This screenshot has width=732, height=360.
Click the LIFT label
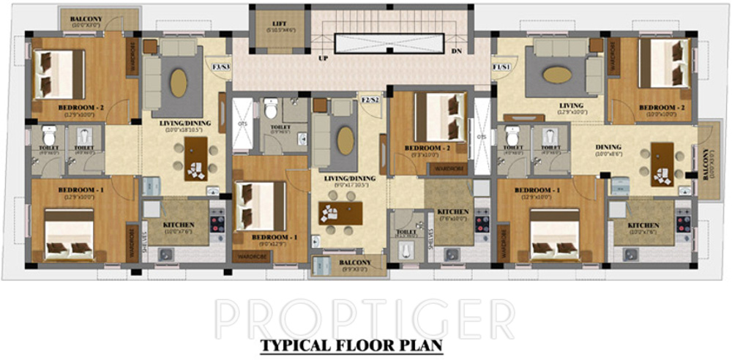click(279, 24)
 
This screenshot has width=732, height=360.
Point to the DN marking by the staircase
click(456, 51)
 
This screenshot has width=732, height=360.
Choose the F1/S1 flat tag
click(501, 67)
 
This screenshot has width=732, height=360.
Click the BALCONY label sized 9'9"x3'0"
click(355, 263)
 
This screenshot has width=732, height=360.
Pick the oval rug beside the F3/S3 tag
click(178, 82)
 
